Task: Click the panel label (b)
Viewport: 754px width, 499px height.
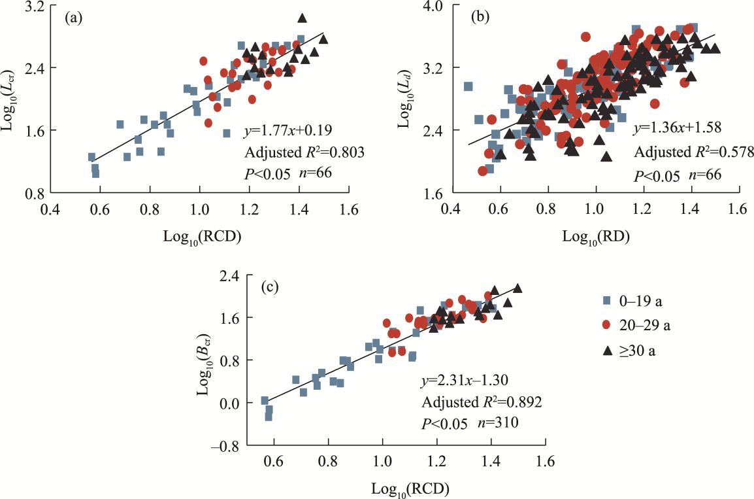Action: (x=482, y=18)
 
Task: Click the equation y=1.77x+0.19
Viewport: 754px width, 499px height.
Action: (x=286, y=130)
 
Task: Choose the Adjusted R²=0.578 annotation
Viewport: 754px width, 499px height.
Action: (x=691, y=152)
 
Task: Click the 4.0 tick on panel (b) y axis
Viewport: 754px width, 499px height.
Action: (x=435, y=7)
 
